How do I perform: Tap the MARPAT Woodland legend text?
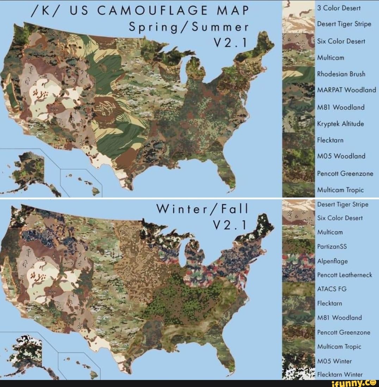[x=346, y=90]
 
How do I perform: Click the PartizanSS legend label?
[x=332, y=247]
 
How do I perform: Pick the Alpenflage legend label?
[x=332, y=261]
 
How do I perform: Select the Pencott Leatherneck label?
[x=344, y=275]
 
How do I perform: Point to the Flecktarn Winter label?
[x=340, y=375]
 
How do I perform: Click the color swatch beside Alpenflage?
[x=298, y=261]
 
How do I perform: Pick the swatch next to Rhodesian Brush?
[x=298, y=74]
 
